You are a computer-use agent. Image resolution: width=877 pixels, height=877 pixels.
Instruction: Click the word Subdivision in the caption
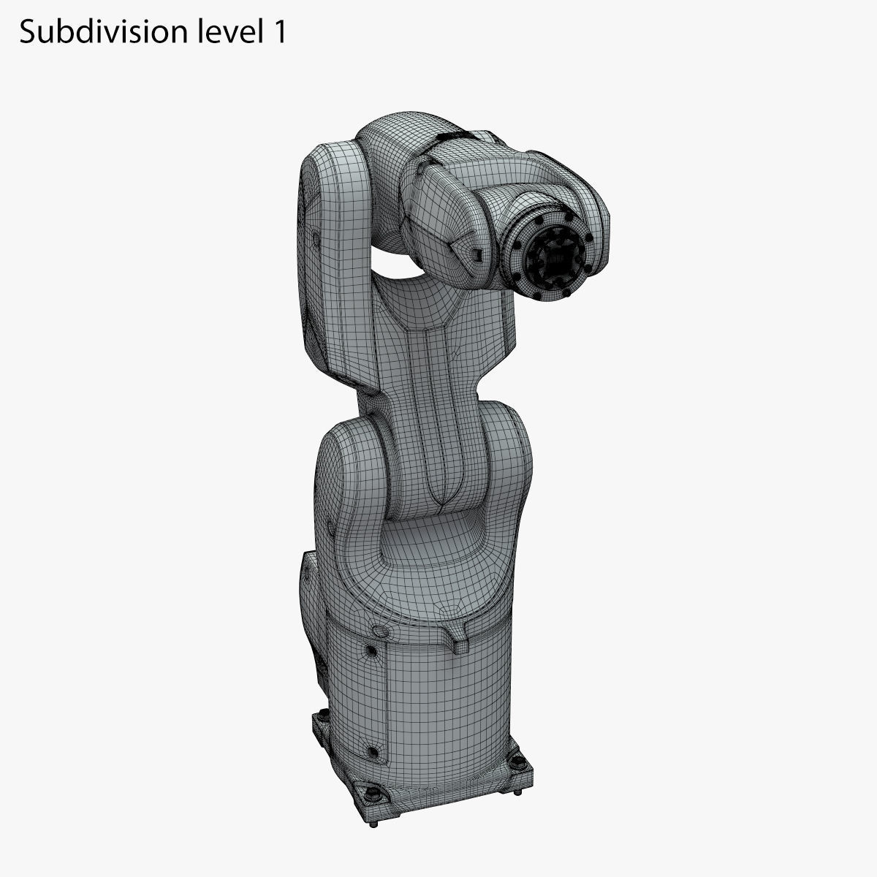tap(94, 32)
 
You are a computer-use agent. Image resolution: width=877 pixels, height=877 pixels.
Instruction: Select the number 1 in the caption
tap(278, 32)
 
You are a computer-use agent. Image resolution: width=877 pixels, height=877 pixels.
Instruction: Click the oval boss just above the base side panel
tap(379, 630)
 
